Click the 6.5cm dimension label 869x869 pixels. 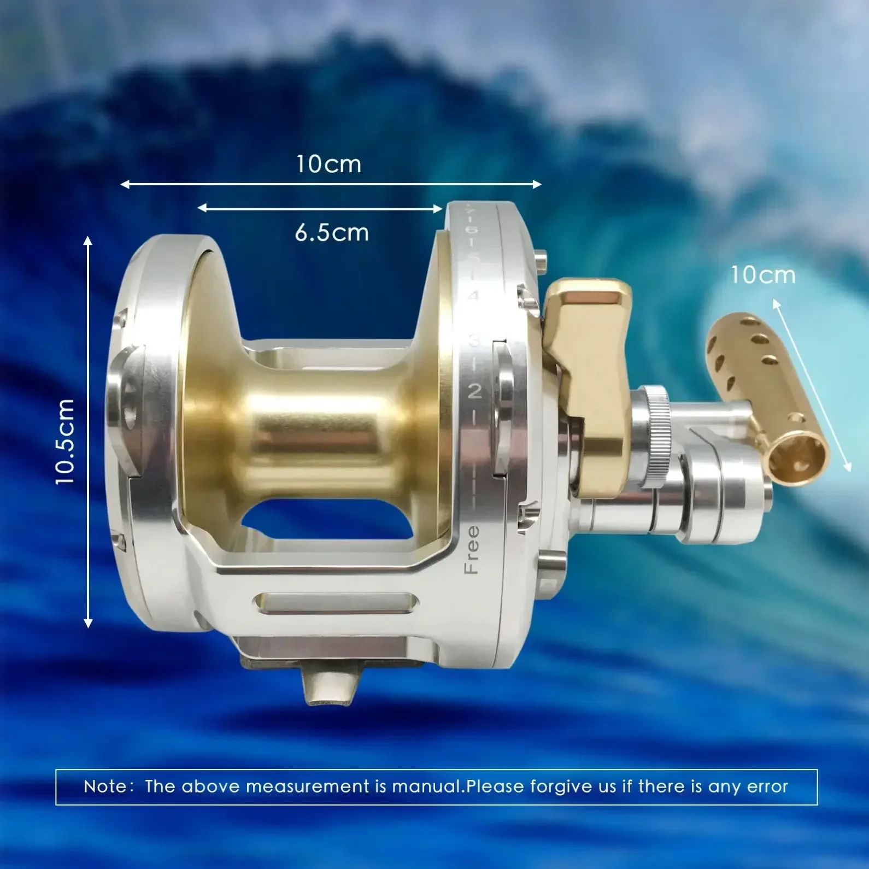(332, 233)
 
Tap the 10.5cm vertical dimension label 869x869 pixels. (65, 442)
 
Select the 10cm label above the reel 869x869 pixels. (329, 164)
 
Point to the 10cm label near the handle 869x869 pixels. (763, 275)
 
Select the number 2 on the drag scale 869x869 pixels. (474, 391)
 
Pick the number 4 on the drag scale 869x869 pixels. (473, 297)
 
